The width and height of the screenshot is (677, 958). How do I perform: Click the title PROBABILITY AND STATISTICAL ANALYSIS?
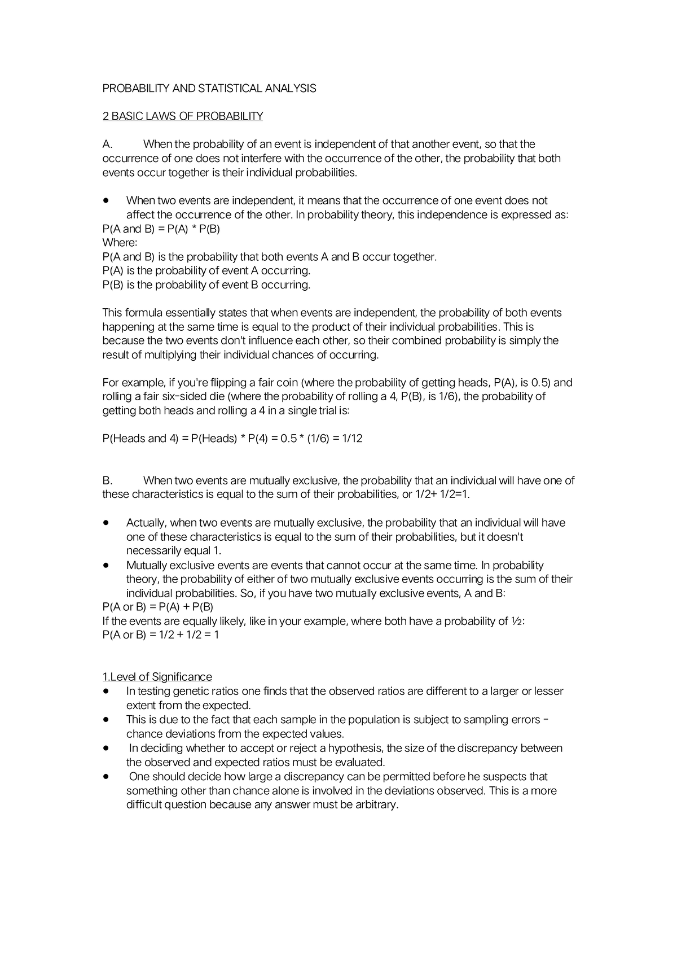point(209,89)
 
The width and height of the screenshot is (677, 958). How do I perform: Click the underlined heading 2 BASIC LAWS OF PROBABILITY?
point(182,116)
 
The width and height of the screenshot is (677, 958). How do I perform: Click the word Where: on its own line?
point(120,243)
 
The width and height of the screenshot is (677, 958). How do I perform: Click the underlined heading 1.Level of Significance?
point(157,677)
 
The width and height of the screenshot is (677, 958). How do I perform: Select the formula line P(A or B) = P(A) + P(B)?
point(157,607)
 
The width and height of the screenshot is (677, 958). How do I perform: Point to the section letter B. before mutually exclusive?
point(107,481)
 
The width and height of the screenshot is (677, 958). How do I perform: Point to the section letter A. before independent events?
point(108,145)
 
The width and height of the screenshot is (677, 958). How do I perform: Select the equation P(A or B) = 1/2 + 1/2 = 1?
point(160,635)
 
